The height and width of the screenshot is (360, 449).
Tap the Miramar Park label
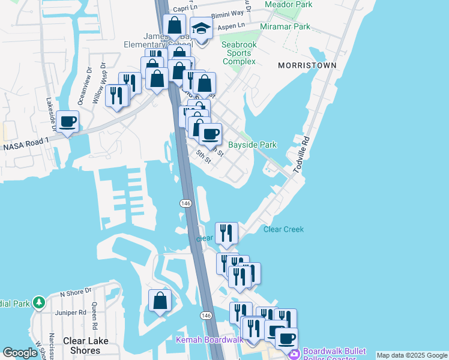click(285, 26)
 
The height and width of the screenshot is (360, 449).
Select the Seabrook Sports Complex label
click(239, 53)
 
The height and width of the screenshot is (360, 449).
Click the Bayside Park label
click(252, 145)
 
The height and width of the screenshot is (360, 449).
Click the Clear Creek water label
click(283, 229)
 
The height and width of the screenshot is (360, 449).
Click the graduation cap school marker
click(201, 29)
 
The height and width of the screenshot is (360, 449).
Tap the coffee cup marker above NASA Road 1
click(68, 122)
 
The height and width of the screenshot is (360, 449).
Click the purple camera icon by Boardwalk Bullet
click(295, 354)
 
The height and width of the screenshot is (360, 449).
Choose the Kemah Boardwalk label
click(209, 340)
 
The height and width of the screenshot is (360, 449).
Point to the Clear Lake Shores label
click(86, 346)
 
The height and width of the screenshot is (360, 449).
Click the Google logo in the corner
click(20, 353)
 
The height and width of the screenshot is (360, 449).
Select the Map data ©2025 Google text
click(412, 355)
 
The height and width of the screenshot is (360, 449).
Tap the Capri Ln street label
click(185, 9)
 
